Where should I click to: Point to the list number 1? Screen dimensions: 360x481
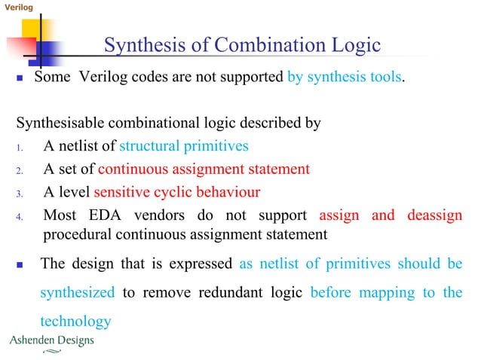pyautogui.click(x=20, y=146)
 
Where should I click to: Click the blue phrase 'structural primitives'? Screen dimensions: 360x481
pyautogui.click(x=184, y=145)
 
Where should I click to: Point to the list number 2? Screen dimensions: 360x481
pyautogui.click(x=20, y=169)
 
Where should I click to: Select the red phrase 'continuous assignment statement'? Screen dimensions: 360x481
pyautogui.click(x=204, y=168)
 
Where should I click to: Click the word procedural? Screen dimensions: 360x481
pyautogui.click(x=77, y=234)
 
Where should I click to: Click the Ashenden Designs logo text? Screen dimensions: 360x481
pyautogui.click(x=51, y=340)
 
